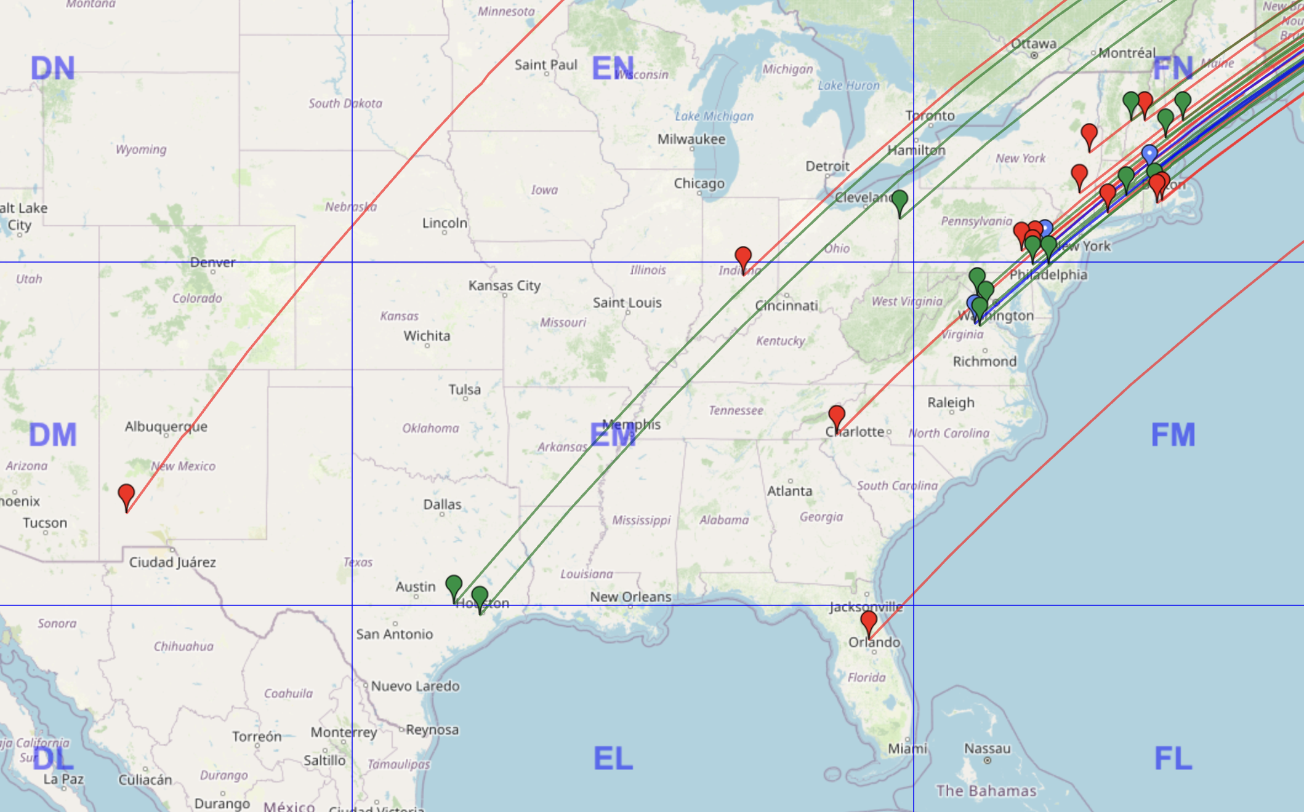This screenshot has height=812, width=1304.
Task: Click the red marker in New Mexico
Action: (x=126, y=495)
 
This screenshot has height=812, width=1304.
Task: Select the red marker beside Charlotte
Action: (x=836, y=416)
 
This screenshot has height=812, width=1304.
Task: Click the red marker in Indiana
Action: (x=743, y=257)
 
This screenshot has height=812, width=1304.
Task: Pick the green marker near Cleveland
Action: (x=900, y=201)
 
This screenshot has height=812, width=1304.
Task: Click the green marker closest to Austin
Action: (x=454, y=586)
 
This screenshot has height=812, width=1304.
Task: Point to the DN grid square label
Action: (x=53, y=68)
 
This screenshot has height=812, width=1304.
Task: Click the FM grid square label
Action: (x=1173, y=435)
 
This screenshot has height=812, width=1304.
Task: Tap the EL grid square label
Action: (x=613, y=758)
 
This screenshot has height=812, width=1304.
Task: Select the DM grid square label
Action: (x=53, y=435)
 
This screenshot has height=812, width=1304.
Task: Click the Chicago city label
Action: (x=699, y=183)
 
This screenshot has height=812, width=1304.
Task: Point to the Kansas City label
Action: (x=504, y=285)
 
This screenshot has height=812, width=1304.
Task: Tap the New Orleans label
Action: (x=630, y=597)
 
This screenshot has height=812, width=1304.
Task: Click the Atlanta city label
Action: (x=789, y=491)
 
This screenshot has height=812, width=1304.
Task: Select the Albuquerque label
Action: (x=166, y=426)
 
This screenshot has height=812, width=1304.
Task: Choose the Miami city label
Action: (x=907, y=749)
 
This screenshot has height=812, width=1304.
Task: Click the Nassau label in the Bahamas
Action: (x=987, y=749)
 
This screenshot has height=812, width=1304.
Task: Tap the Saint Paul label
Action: (x=545, y=65)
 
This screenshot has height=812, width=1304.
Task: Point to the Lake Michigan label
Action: (x=714, y=116)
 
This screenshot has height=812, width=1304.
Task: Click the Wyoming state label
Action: (x=141, y=149)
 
